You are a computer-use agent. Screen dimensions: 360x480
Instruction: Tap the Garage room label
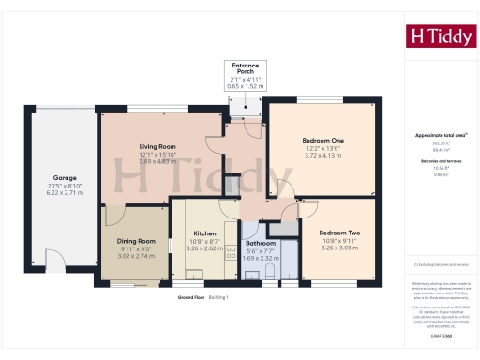click(65, 176)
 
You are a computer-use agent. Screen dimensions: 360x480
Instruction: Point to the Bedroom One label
click(325, 140)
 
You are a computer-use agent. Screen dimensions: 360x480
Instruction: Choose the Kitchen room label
click(205, 232)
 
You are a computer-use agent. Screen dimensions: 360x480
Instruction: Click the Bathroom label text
click(262, 242)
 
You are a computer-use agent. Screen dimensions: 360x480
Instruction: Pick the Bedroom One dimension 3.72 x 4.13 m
click(325, 155)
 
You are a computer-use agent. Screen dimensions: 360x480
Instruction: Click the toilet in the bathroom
click(269, 271)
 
